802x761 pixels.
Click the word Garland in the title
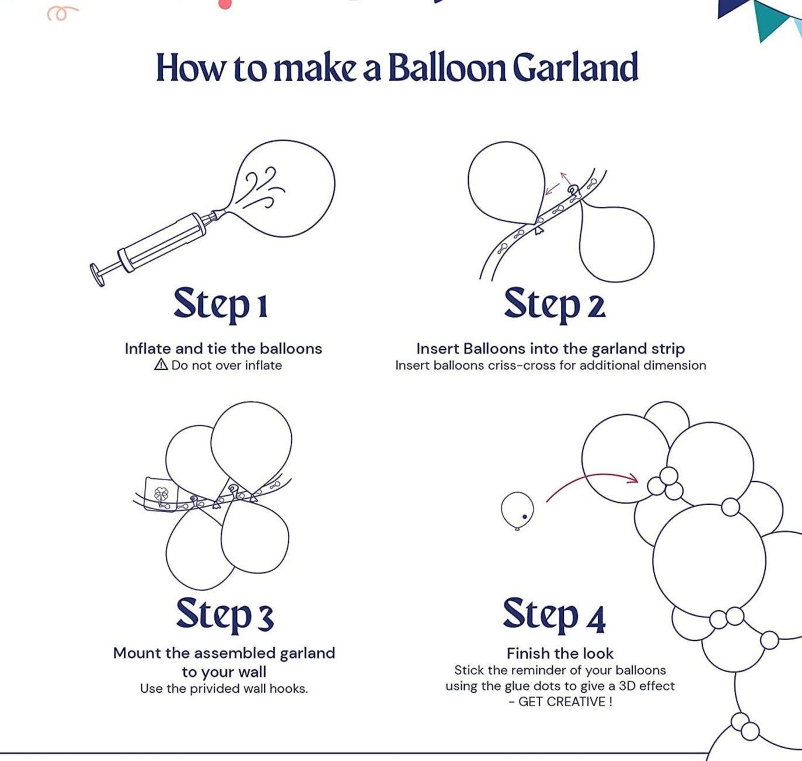(575, 68)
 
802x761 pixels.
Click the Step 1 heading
(221, 304)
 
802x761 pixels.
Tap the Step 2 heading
(554, 304)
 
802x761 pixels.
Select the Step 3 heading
(224, 614)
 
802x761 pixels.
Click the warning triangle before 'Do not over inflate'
(161, 365)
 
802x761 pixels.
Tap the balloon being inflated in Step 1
(286, 187)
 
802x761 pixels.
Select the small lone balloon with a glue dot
(517, 510)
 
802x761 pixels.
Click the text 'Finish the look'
(560, 653)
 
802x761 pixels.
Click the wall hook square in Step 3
(160, 494)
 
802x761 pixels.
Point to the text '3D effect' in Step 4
(647, 686)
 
